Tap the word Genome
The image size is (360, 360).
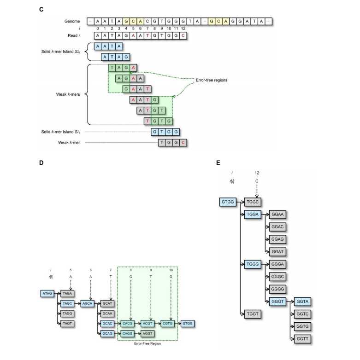pos(72,22)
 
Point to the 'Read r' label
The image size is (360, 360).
pos(74,35)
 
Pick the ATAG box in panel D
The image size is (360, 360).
pos(47,293)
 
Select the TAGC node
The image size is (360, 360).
pos(67,303)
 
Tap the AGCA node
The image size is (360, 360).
pos(88,303)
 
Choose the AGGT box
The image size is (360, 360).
pos(148,333)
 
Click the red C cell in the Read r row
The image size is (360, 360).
pos(183,35)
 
